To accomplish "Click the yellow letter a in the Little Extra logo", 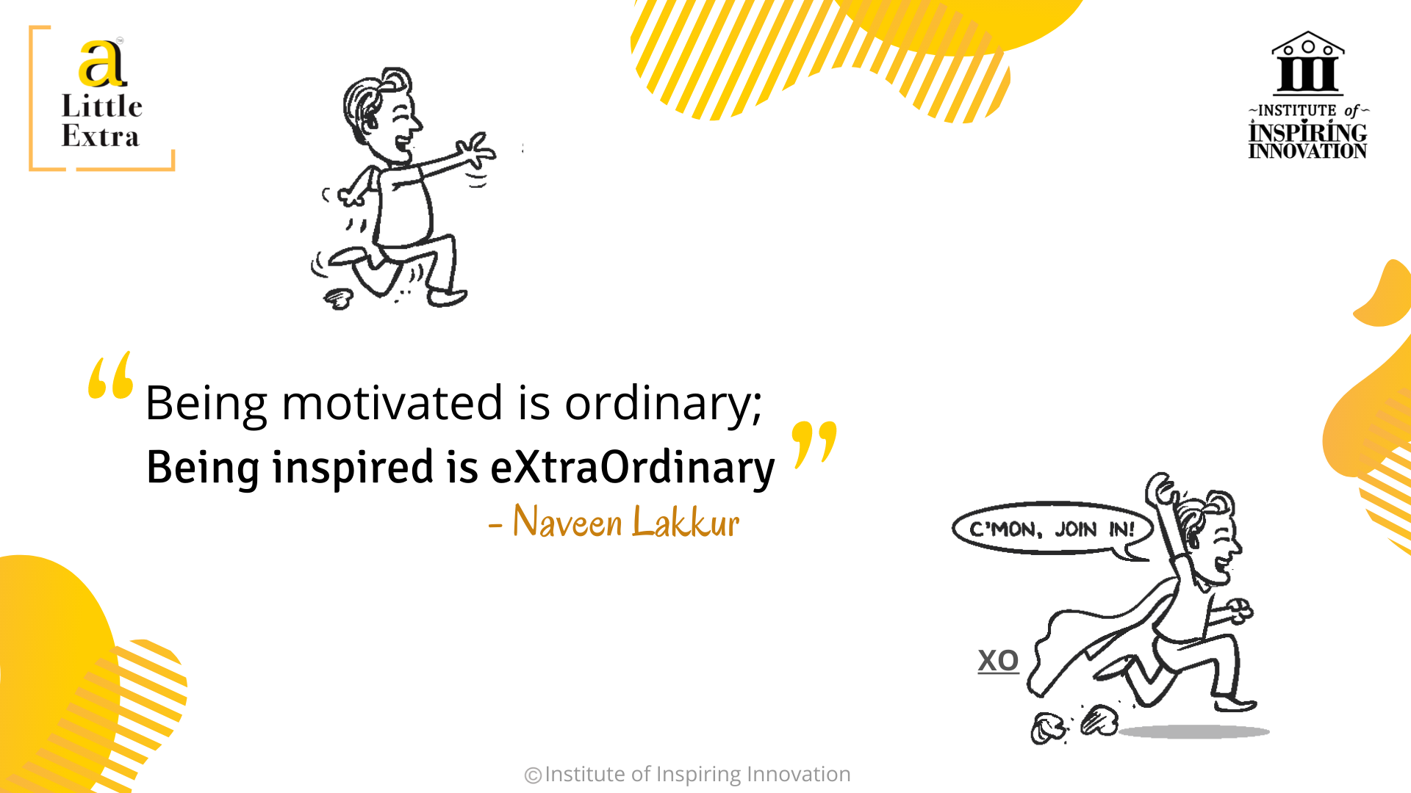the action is point(102,63).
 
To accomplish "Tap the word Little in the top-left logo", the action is point(102,106).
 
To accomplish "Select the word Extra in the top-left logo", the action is point(100,137).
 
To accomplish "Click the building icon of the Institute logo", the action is point(1308,63).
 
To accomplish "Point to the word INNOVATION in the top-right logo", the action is point(1307,151).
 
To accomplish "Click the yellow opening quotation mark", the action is point(111,375).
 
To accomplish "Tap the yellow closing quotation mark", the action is point(814,445).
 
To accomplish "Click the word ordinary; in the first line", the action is point(664,404).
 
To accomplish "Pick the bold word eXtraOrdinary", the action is point(633,468).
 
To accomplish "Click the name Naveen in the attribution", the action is point(567,521).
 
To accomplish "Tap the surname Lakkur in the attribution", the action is point(686,521).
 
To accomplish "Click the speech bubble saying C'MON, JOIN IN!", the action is point(1052,529).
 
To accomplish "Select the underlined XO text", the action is point(998,660).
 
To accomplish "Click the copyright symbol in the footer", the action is point(533,775).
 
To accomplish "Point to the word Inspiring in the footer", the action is point(698,775).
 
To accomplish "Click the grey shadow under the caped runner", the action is point(1193,731).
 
